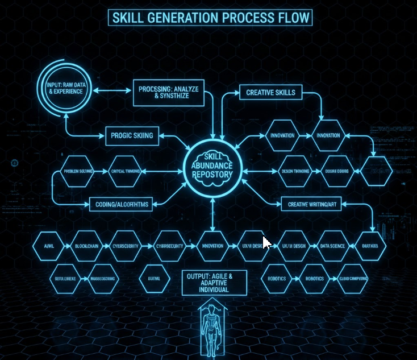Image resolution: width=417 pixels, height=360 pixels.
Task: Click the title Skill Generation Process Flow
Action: click(210, 17)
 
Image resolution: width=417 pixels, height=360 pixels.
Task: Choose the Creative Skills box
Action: click(270, 93)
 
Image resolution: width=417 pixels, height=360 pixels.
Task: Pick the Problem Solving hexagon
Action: click(78, 171)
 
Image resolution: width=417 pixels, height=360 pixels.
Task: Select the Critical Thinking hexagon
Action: click(124, 171)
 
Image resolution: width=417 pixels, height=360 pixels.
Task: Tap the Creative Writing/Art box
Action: click(311, 204)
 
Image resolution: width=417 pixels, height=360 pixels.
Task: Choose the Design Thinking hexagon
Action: click(294, 171)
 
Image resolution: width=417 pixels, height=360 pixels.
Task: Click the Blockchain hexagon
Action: click(87, 246)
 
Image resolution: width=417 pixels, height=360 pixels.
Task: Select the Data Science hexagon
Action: click(332, 246)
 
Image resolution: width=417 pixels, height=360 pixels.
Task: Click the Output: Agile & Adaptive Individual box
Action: click(214, 282)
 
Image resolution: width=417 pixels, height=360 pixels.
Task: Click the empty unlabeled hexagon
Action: click(376, 171)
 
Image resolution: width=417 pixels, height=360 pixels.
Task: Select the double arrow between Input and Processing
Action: click(112, 90)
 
